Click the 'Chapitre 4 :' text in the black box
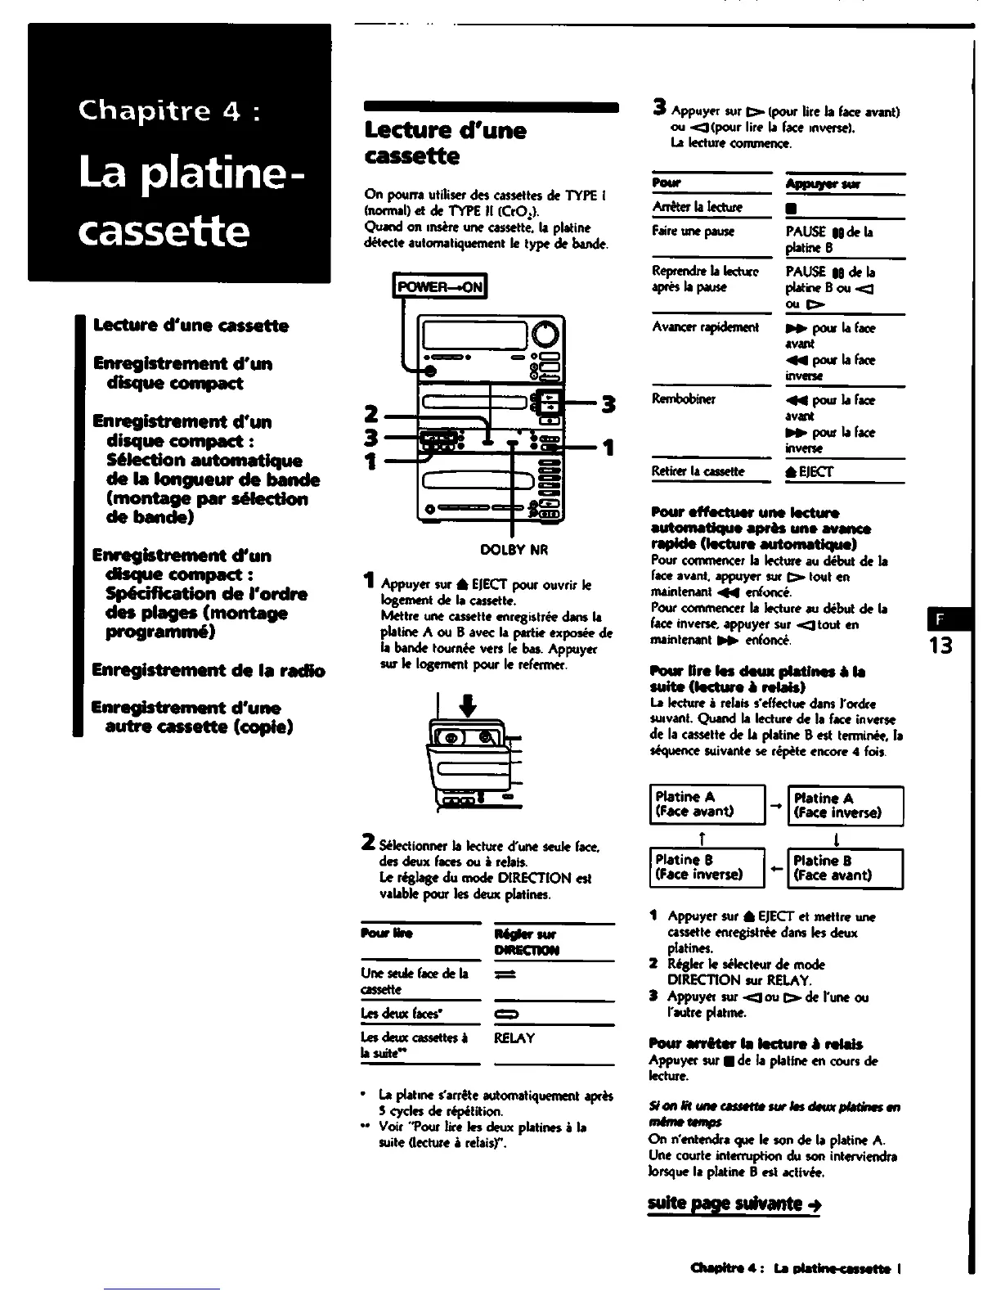point(169,110)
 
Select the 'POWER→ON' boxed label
point(440,286)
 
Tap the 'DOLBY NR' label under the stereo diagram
point(514,550)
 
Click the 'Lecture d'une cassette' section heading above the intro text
point(446,143)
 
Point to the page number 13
point(940,646)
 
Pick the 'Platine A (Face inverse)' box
point(845,805)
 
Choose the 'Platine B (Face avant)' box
point(845,867)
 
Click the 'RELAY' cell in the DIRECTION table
point(514,1038)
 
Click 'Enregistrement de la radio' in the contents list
point(209,671)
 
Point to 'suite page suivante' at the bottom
point(734,1203)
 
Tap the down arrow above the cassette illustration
point(474,704)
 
